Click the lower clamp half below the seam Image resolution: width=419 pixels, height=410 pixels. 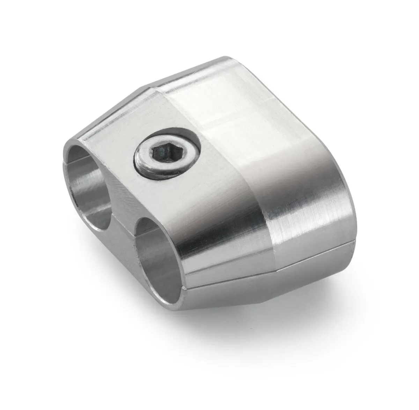[x=279, y=276]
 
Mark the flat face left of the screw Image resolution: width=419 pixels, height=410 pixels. [x=112, y=150]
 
